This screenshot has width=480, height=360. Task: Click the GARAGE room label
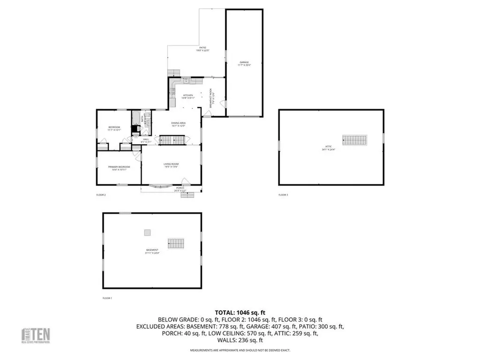click(x=244, y=62)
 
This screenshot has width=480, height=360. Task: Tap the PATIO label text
click(x=202, y=49)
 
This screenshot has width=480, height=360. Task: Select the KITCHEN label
click(x=187, y=96)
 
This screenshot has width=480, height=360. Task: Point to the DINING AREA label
click(x=178, y=123)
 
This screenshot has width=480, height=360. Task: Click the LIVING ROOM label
click(x=171, y=164)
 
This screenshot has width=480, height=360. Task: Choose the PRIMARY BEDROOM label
click(x=119, y=167)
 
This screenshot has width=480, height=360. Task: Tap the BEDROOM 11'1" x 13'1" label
click(x=114, y=128)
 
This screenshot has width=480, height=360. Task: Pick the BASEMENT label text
click(x=151, y=250)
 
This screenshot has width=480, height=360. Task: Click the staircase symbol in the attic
click(x=355, y=140)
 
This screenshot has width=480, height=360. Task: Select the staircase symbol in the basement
click(x=176, y=243)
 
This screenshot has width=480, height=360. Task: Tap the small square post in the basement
click(x=147, y=232)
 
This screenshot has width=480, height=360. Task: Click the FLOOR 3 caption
click(x=283, y=195)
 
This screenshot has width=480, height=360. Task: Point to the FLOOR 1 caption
click(x=107, y=298)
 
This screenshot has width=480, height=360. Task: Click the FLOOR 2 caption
click(x=101, y=195)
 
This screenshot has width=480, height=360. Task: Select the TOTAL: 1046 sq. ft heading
click(x=240, y=312)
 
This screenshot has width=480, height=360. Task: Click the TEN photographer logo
click(x=36, y=335)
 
